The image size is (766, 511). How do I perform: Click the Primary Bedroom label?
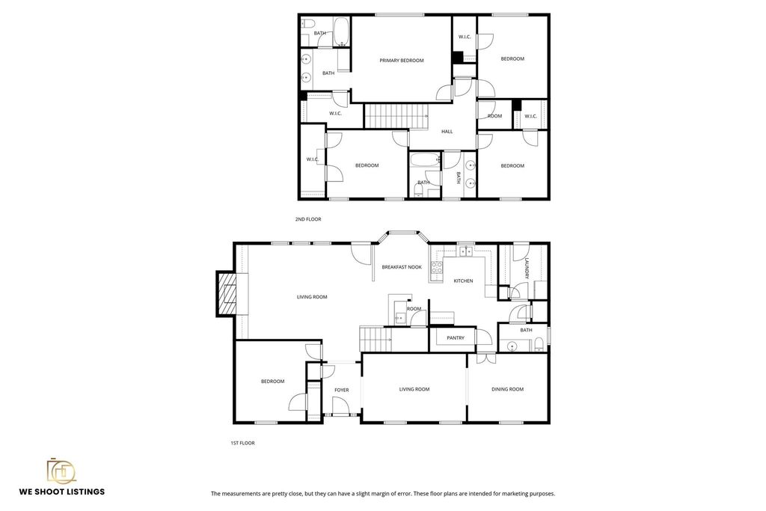[x=402, y=61]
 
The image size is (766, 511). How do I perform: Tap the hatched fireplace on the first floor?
[x=226, y=293]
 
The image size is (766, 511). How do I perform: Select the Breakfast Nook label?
[x=402, y=267]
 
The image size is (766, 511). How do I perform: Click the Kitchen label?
[x=463, y=281]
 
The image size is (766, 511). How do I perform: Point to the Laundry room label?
[x=527, y=269]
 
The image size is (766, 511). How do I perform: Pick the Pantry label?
[x=456, y=338]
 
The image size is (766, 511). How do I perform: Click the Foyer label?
[x=341, y=390]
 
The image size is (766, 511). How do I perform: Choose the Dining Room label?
[x=508, y=389]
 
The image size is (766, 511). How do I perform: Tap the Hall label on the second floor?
[x=447, y=132]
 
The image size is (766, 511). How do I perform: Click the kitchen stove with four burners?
[x=436, y=267]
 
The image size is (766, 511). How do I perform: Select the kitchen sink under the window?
[x=466, y=251]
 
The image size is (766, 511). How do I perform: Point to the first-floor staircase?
[x=376, y=339]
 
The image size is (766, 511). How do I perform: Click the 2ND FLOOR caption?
[x=308, y=219]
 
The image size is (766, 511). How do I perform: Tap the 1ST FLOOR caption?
[x=243, y=443]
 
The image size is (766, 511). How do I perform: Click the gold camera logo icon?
[x=61, y=471]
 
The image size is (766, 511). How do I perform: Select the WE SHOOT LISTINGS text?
[x=62, y=492]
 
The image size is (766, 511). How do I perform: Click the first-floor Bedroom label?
[x=272, y=382]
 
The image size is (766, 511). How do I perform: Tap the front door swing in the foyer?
[x=340, y=406]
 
